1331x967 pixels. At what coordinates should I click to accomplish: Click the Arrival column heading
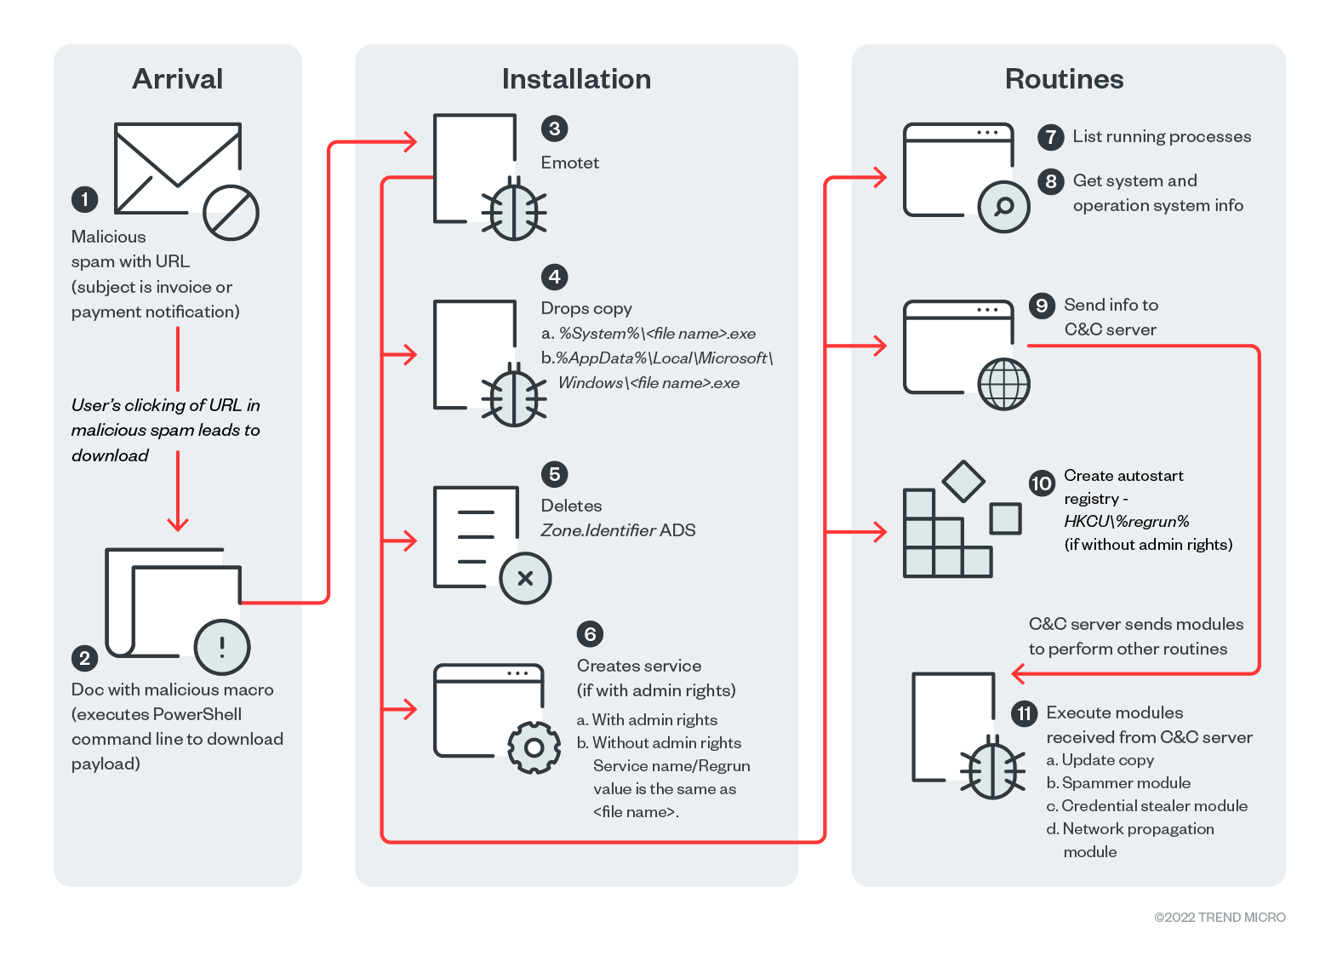(177, 79)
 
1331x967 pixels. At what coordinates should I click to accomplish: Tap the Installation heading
(576, 79)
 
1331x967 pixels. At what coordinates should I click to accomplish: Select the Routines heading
(1064, 79)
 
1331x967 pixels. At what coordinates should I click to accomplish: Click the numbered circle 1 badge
(84, 199)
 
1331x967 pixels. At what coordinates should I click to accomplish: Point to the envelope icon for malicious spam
(177, 168)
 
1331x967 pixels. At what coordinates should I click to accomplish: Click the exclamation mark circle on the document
(222, 647)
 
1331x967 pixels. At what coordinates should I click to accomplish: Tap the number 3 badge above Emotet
(554, 129)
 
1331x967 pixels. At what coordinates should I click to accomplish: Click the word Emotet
(569, 163)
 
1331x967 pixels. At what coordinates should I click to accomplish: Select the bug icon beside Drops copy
(513, 395)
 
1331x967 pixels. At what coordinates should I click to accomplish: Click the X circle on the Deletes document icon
(525, 579)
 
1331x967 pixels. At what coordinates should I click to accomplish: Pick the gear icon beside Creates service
(534, 747)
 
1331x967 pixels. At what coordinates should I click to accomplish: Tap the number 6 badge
(590, 634)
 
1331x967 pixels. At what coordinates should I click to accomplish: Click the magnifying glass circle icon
(1004, 206)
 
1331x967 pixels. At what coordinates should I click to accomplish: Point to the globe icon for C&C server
(1004, 384)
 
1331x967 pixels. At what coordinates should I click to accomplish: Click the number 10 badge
(1042, 483)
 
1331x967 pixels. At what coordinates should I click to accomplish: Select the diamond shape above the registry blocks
(963, 482)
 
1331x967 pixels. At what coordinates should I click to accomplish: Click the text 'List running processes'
(1162, 136)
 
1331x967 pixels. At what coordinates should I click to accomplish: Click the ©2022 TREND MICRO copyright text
(1220, 917)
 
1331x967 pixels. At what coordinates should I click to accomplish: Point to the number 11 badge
(1024, 713)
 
